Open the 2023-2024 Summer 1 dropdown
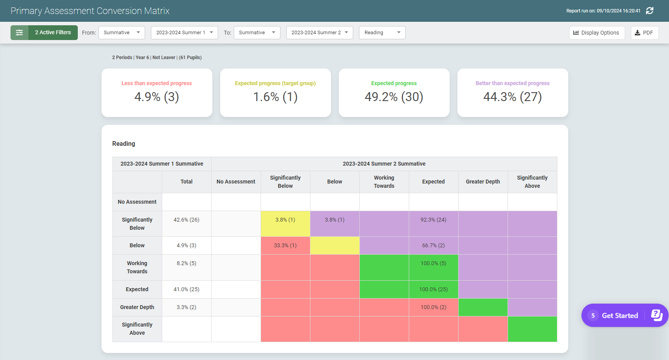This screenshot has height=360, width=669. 184,33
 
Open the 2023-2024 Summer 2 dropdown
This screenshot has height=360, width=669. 319,33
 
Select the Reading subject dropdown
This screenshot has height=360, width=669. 382,33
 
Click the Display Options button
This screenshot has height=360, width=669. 596,33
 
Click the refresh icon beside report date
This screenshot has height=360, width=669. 650,11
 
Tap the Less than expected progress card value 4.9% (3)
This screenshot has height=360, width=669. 156,97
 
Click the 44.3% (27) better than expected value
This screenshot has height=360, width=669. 512,97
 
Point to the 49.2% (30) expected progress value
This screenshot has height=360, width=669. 394,97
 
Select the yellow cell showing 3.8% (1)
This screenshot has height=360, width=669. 285,220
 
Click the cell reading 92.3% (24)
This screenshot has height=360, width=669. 433,220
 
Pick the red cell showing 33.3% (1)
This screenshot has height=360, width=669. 285,245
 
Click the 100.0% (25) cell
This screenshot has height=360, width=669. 433,289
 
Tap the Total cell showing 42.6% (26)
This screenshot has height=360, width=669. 186,220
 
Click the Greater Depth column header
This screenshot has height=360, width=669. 483,182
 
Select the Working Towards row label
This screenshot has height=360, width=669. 137,267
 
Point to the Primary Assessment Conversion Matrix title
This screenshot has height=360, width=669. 90,11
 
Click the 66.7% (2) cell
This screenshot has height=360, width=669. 433,245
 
